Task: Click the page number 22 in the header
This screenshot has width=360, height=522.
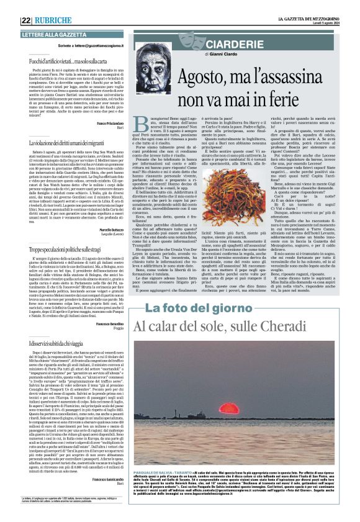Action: (26, 20)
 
